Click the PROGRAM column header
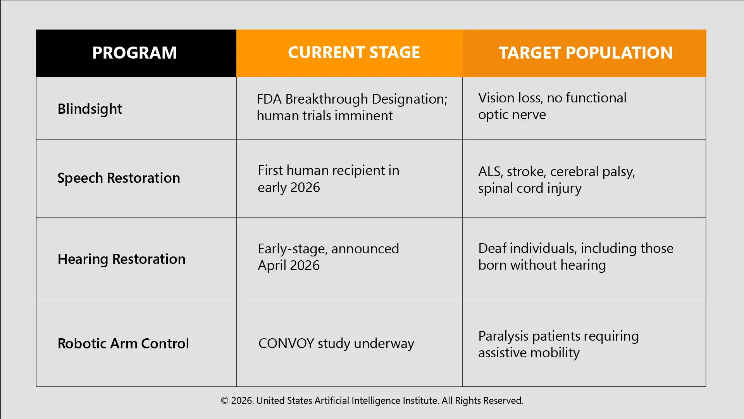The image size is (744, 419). point(134,53)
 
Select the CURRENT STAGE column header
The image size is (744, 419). point(354,52)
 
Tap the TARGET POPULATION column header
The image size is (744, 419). point(586,53)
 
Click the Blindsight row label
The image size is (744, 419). point(90,109)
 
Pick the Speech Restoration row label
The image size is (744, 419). point(119,178)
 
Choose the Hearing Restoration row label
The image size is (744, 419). point(122,259)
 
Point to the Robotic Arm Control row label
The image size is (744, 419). point(123,343)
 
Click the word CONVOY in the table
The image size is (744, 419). point(286,343)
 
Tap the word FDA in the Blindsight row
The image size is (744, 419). point(269,99)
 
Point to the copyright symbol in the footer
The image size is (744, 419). point(225,401)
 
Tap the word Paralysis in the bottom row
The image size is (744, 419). point(503,336)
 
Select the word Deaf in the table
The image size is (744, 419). point(492,248)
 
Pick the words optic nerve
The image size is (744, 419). point(512,115)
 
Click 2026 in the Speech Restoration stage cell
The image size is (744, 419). point(305,188)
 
